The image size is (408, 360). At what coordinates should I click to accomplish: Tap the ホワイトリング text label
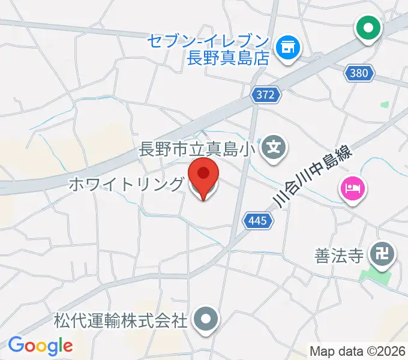(x=125, y=184)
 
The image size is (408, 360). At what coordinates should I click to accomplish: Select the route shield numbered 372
(x=265, y=94)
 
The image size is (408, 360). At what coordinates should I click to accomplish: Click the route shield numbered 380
(x=359, y=74)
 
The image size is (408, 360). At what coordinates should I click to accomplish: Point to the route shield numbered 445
(x=258, y=221)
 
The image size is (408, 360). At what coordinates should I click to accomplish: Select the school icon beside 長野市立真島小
(x=274, y=146)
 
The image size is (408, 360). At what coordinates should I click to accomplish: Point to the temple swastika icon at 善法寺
(x=381, y=253)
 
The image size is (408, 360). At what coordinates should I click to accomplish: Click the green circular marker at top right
(x=368, y=27)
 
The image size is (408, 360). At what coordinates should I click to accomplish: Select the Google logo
(x=40, y=346)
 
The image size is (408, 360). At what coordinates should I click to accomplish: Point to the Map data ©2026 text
(x=358, y=351)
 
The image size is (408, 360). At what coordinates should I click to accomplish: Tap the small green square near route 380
(x=384, y=104)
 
